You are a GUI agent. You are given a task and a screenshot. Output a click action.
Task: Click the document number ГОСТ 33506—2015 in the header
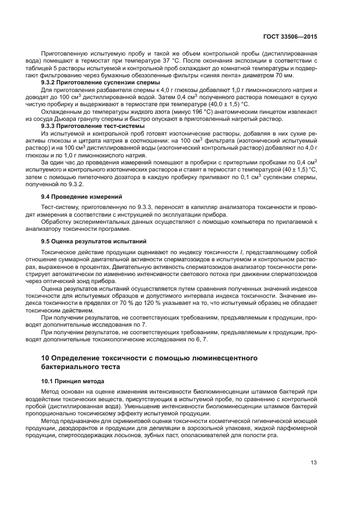(x=290, y=36)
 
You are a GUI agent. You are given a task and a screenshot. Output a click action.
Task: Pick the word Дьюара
(x=74, y=118)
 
